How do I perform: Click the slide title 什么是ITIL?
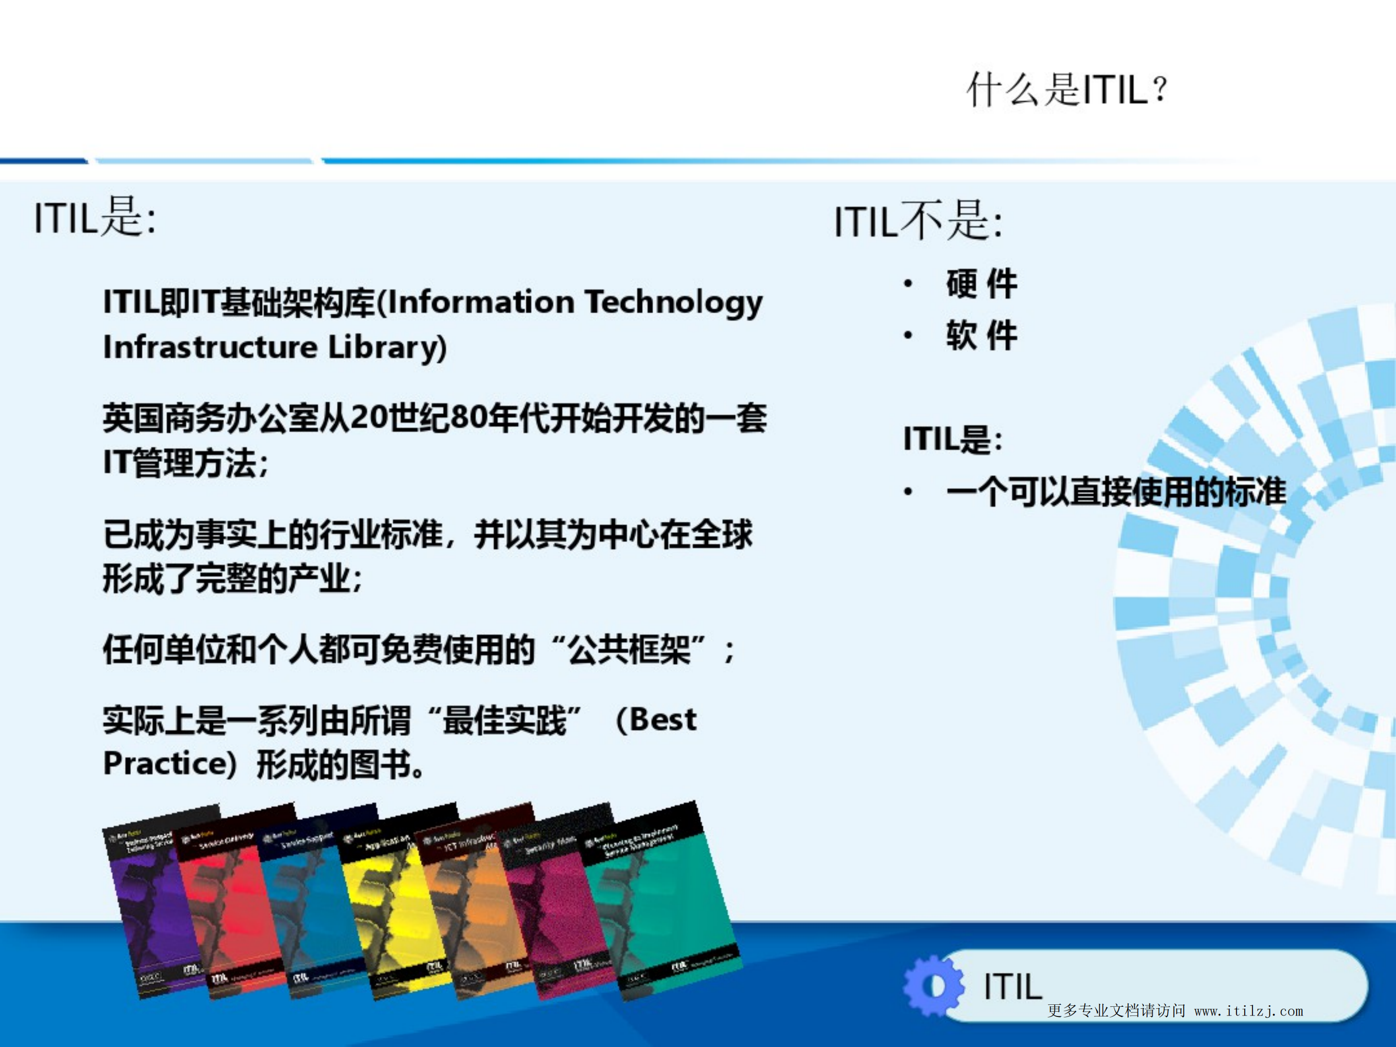tap(1067, 90)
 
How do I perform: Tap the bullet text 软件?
tap(981, 335)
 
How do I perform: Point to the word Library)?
tap(387, 348)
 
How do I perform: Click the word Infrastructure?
tap(210, 348)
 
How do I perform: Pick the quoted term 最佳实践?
tap(504, 720)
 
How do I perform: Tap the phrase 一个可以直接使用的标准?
tap(1116, 492)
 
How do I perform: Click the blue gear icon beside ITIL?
tap(933, 986)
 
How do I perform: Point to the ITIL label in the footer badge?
tap(1012, 986)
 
